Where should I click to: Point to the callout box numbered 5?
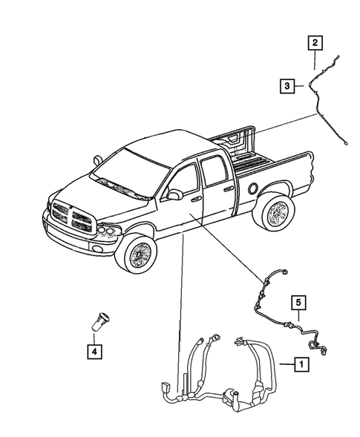tap(298, 303)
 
